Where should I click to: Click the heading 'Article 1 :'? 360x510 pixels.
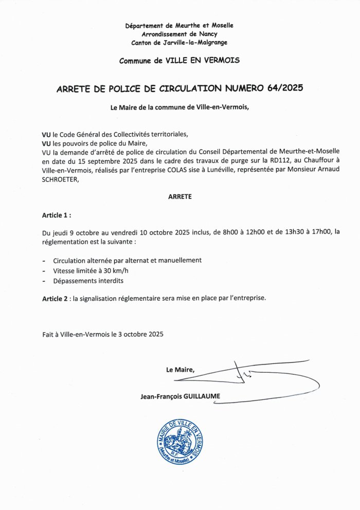pos(57,214)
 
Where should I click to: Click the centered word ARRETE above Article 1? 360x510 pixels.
pos(180,196)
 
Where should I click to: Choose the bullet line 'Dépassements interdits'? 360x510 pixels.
pos(88,281)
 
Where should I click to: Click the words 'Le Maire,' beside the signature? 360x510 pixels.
pos(180,370)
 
